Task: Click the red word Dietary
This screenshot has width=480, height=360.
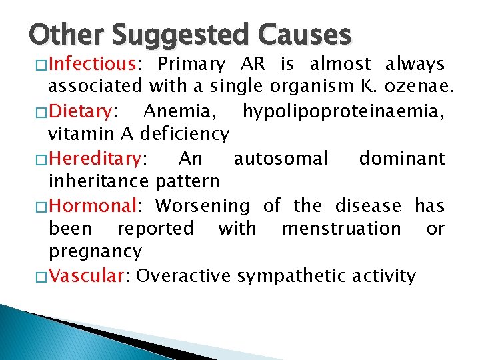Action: pos(80,110)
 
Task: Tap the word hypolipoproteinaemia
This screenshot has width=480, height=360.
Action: pos(343,111)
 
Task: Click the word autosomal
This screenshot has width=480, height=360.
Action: pos(281,159)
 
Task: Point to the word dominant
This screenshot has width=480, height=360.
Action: pos(401,159)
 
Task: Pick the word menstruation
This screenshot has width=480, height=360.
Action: pos(341,229)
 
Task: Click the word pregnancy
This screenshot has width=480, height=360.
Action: pos(95,252)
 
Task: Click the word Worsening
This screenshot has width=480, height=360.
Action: pos(202,206)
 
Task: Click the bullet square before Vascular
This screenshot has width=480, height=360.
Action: pos(41,275)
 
